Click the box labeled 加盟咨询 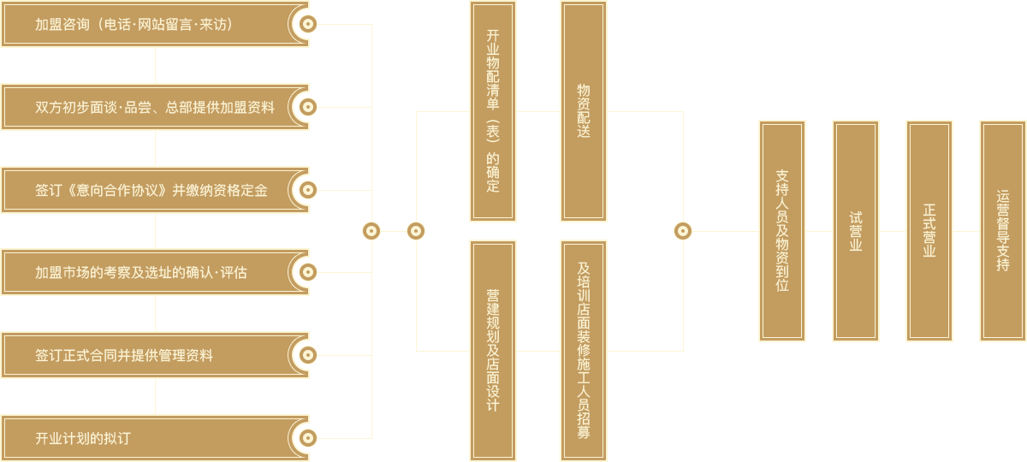[x=145, y=24]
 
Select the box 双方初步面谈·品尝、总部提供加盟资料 [x=145, y=107]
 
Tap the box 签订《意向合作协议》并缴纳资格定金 [x=145, y=190]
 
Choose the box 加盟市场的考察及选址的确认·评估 [x=145, y=272]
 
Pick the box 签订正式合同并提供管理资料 [x=145, y=355]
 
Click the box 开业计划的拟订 [x=145, y=438]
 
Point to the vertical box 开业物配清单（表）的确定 [x=493, y=111]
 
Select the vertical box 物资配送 [x=584, y=111]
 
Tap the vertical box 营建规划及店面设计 [x=493, y=351]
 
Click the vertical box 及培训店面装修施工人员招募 [x=584, y=351]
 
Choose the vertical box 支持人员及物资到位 [x=782, y=231]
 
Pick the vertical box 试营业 [x=856, y=231]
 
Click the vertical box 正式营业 [x=929, y=231]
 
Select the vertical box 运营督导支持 [x=1003, y=231]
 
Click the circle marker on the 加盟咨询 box [x=308, y=24]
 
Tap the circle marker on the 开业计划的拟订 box [x=308, y=438]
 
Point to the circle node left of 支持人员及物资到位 [x=682, y=231]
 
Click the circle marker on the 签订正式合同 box [x=308, y=355]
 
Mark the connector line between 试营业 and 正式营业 [x=893, y=231]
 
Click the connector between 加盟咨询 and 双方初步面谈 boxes [x=155, y=65]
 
